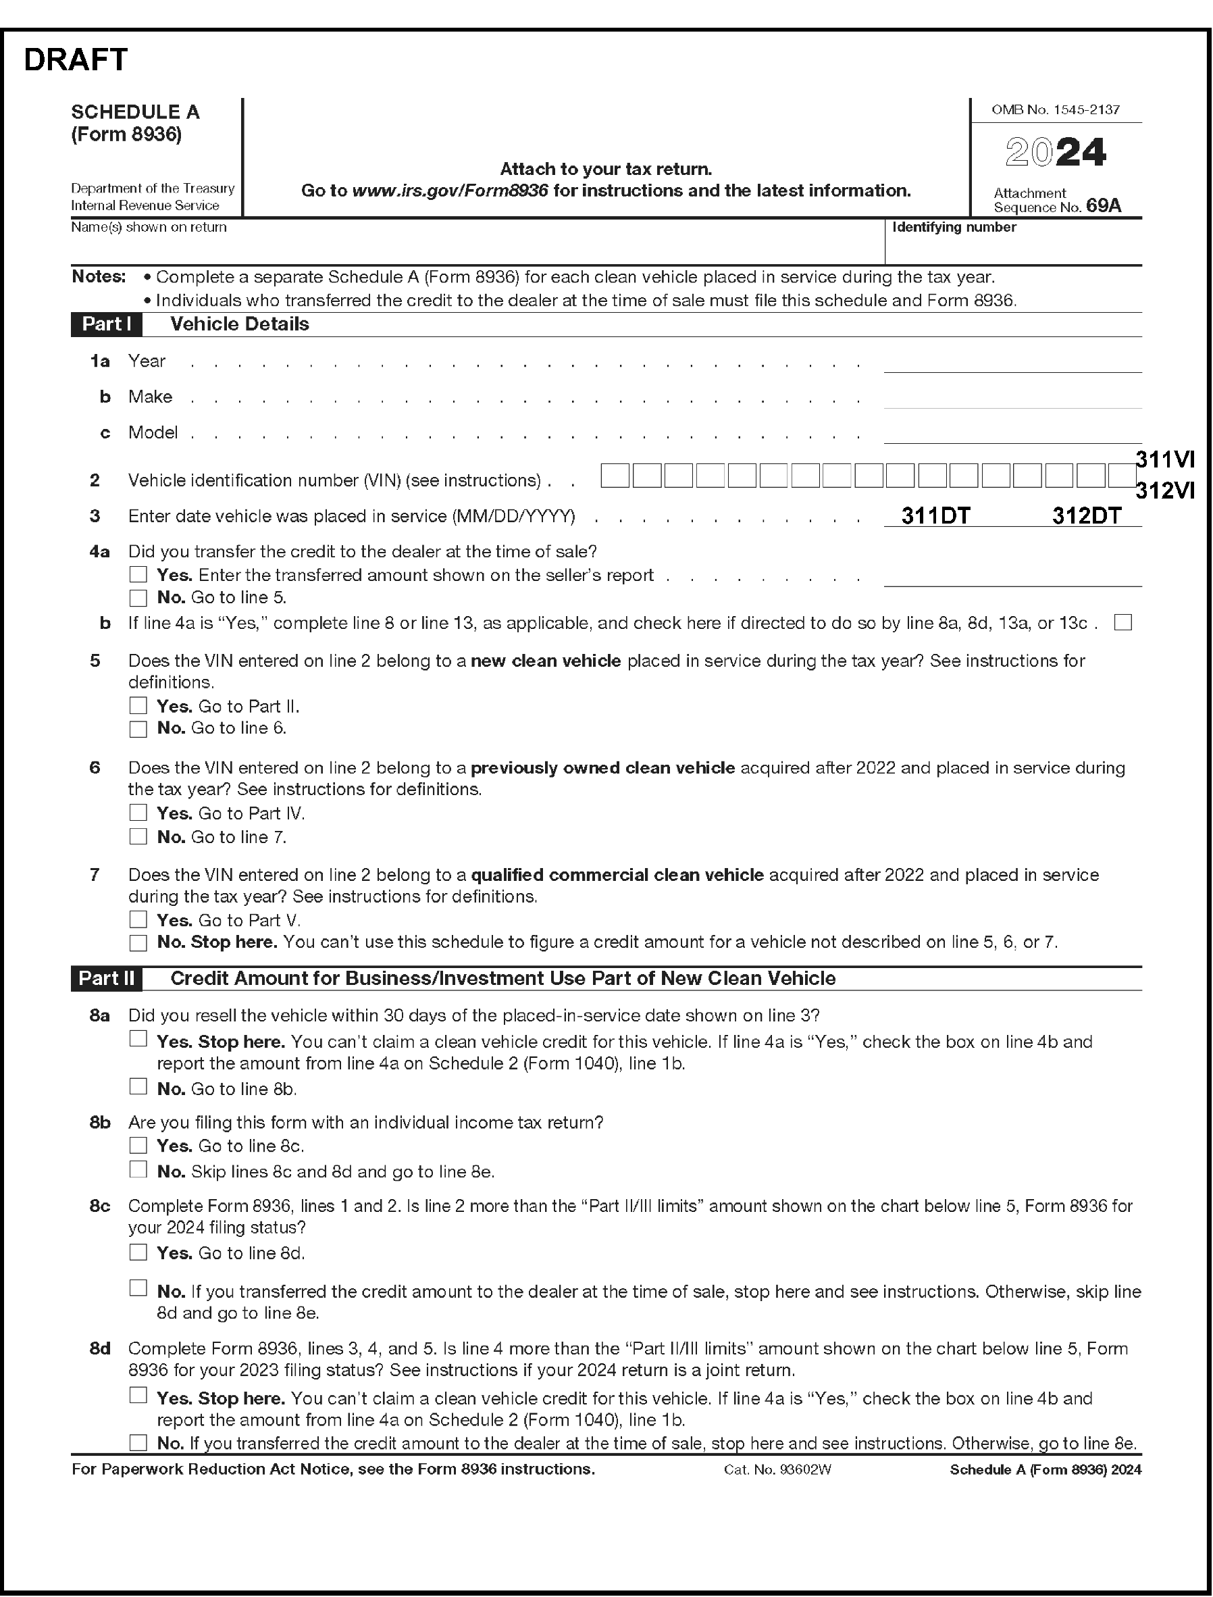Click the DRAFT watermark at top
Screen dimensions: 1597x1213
(x=76, y=60)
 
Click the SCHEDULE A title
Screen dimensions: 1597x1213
(x=135, y=112)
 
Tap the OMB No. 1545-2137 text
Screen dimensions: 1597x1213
(x=1055, y=110)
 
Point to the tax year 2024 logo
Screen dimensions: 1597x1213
(x=1055, y=153)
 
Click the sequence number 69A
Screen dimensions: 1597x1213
(x=1104, y=206)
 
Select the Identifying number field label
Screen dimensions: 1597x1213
(x=954, y=228)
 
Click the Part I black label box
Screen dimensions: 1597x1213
(x=106, y=324)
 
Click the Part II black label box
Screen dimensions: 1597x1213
(x=106, y=978)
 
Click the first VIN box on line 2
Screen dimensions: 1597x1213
(x=615, y=476)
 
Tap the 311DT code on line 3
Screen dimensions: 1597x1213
(x=935, y=515)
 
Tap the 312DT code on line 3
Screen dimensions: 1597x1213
(x=1086, y=515)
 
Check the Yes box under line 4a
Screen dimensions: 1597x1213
(x=138, y=574)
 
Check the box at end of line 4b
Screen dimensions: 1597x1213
(x=1122, y=623)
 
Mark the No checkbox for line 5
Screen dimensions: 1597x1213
(x=138, y=729)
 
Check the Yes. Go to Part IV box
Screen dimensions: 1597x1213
(x=138, y=813)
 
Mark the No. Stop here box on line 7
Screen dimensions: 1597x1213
(x=138, y=942)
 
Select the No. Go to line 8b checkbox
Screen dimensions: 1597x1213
(x=138, y=1086)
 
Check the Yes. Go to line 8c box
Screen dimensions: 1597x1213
(x=138, y=1146)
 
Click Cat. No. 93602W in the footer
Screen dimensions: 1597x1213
(x=777, y=1470)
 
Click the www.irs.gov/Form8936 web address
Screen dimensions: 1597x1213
(x=449, y=191)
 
